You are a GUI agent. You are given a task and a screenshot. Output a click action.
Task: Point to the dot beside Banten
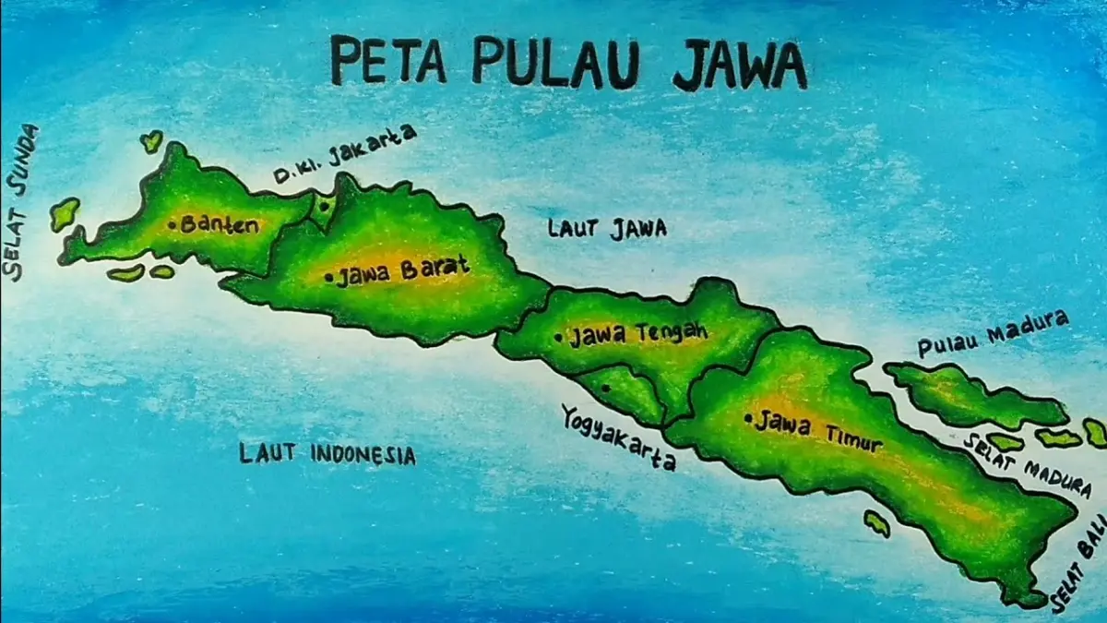tap(173, 223)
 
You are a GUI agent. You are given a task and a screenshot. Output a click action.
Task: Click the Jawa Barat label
tap(402, 272)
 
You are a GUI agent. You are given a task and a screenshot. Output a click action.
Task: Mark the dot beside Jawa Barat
tap(329, 276)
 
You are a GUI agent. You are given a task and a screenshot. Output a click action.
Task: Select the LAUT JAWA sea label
tap(606, 228)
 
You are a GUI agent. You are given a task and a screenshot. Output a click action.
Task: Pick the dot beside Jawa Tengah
tap(558, 338)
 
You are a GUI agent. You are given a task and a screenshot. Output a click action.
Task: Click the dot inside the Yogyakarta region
tap(605, 389)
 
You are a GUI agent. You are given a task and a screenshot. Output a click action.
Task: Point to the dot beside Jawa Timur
tap(748, 418)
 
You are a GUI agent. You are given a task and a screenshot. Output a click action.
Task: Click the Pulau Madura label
tap(993, 334)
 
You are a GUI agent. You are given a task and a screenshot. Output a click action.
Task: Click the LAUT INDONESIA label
tap(327, 454)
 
